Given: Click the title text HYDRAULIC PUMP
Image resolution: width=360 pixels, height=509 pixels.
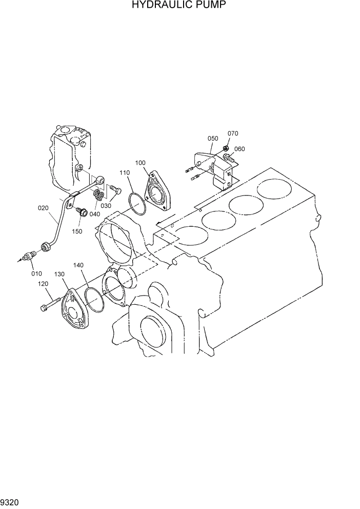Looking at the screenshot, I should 179,6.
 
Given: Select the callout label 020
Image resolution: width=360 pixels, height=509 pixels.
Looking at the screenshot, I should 44,208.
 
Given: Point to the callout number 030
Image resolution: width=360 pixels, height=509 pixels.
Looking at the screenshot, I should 106,206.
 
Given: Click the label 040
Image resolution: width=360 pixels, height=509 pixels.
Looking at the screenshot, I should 94,213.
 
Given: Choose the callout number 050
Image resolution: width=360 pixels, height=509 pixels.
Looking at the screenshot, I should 212,139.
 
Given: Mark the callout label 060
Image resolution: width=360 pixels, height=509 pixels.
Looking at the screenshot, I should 239,149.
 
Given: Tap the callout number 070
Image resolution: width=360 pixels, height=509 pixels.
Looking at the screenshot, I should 233,134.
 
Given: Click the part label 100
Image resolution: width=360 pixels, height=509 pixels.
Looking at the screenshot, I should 141,163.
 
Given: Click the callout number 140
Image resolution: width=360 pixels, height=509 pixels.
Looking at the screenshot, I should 78,265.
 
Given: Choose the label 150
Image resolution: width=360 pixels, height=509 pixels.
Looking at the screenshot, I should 77,231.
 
